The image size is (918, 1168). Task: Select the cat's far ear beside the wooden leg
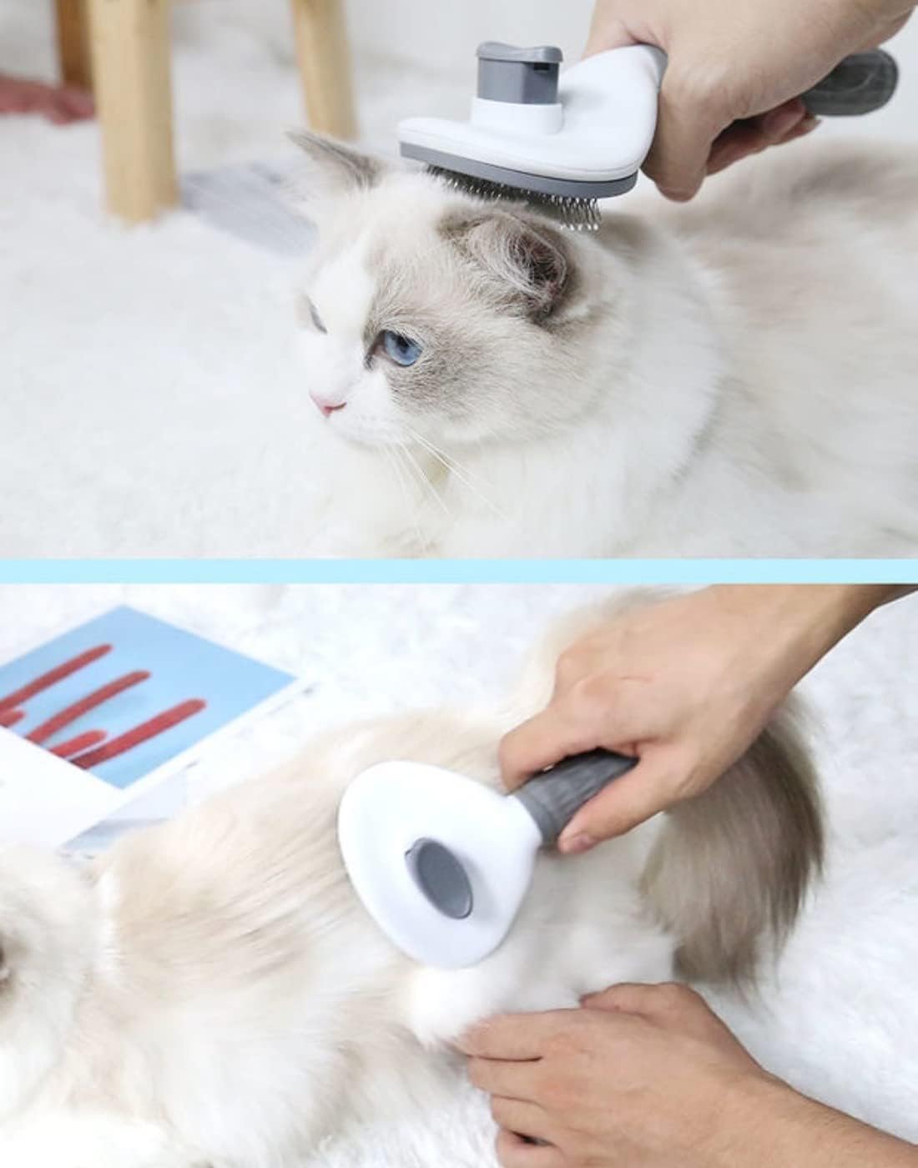(x=334, y=159)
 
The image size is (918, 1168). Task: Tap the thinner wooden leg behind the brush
(x=321, y=67)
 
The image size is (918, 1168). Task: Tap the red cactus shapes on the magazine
(x=108, y=709)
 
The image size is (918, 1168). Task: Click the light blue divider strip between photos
(x=459, y=571)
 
